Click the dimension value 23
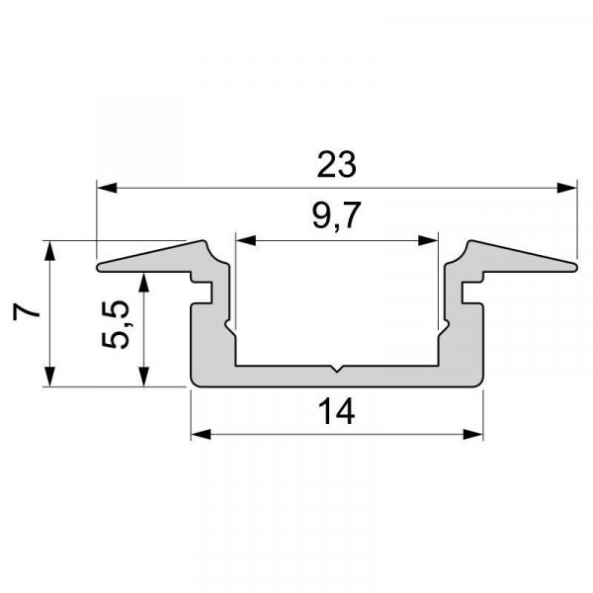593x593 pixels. tap(336, 164)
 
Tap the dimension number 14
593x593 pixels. tap(336, 412)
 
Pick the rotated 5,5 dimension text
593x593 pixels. tap(116, 326)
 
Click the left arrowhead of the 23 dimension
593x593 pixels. tap(104, 186)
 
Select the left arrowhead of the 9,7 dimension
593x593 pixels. tap(243, 239)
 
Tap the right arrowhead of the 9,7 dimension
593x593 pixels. tap(430, 239)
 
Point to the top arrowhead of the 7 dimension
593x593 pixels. tap(47, 248)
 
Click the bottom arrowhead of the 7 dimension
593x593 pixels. tap(47, 380)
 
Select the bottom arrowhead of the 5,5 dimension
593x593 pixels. tap(145, 379)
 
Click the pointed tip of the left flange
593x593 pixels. tap(99, 266)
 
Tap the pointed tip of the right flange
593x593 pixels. tap(573, 264)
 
